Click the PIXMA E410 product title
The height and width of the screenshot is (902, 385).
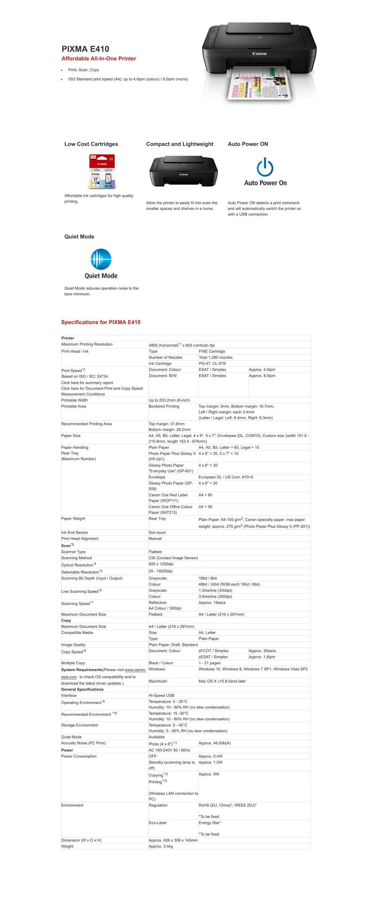[85, 49]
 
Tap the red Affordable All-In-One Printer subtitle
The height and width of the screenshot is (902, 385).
[99, 58]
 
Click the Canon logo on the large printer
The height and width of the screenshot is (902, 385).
[259, 54]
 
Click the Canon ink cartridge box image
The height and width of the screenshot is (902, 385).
[102, 172]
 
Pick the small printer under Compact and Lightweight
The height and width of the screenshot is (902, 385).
[183, 171]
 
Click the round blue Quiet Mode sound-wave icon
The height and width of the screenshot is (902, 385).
[101, 259]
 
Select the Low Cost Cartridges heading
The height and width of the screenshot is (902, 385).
[91, 144]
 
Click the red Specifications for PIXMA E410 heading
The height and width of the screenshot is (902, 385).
[101, 322]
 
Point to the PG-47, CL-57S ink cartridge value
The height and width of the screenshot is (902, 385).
[212, 363]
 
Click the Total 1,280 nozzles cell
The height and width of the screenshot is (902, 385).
[215, 358]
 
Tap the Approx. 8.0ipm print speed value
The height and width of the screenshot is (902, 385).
[262, 376]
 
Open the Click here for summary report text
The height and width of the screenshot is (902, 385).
[87, 383]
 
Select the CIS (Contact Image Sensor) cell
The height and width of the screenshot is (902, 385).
[173, 558]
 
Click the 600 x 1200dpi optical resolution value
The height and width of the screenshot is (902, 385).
[161, 564]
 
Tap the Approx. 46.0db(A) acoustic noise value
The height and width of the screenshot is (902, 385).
[214, 743]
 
